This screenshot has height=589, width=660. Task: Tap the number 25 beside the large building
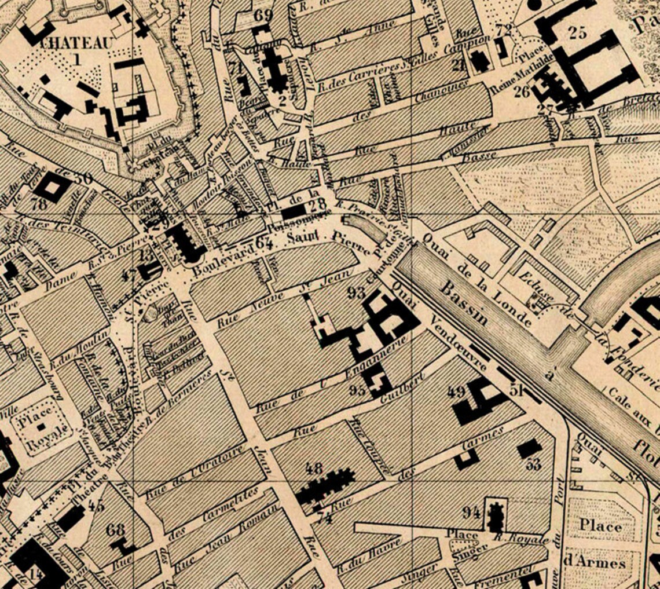point(577,32)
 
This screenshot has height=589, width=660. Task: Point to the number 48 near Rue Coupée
point(316,468)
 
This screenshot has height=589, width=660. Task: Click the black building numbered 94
point(495,517)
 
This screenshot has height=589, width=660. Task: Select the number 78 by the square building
point(39,204)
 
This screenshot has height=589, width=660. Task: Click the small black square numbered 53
point(529,449)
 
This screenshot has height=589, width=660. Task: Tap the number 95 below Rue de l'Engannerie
point(358,389)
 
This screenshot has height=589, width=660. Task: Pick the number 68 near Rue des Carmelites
point(116,529)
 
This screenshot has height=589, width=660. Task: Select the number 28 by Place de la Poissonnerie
point(318,206)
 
